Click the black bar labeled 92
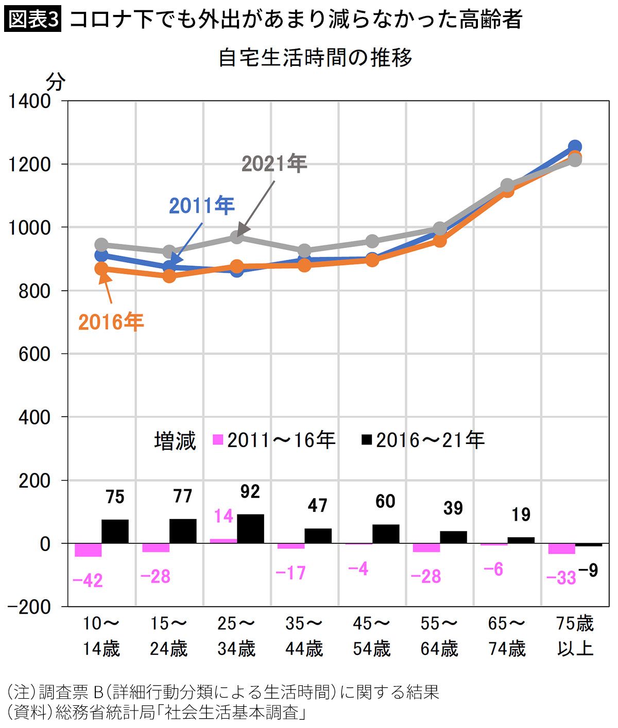tap(250, 529)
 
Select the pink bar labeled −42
tap(88, 550)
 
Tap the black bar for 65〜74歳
tap(521, 540)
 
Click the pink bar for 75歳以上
tap(561, 548)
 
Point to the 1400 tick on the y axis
tap(30, 102)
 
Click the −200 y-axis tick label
tap(29, 607)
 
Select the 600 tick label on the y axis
tap(35, 354)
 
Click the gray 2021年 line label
tap(274, 164)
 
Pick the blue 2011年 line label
tap(202, 206)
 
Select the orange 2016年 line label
tap(111, 322)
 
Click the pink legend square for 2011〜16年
tap(218, 440)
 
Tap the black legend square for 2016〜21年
tap(367, 440)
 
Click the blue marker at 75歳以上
tap(575, 147)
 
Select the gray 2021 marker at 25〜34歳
tap(237, 237)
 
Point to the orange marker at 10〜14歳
tap(101, 269)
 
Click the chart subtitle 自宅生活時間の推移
tap(315, 58)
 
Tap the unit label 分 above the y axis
tap(55, 82)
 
